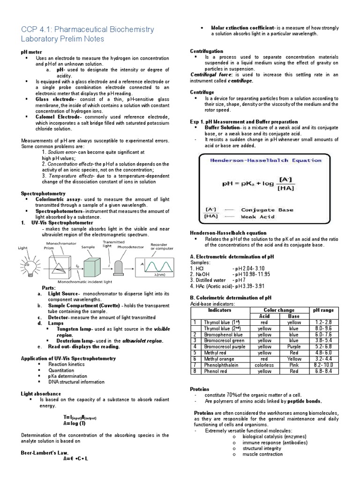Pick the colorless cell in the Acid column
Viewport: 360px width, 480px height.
click(264, 365)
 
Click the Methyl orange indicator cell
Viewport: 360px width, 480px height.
click(218, 359)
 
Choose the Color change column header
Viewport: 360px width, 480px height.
click(279, 310)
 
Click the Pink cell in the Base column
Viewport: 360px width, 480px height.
click(294, 365)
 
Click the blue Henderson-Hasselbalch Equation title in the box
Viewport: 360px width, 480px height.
click(265, 160)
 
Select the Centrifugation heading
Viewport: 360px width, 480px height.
click(207, 51)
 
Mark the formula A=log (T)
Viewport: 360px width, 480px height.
click(75, 423)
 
